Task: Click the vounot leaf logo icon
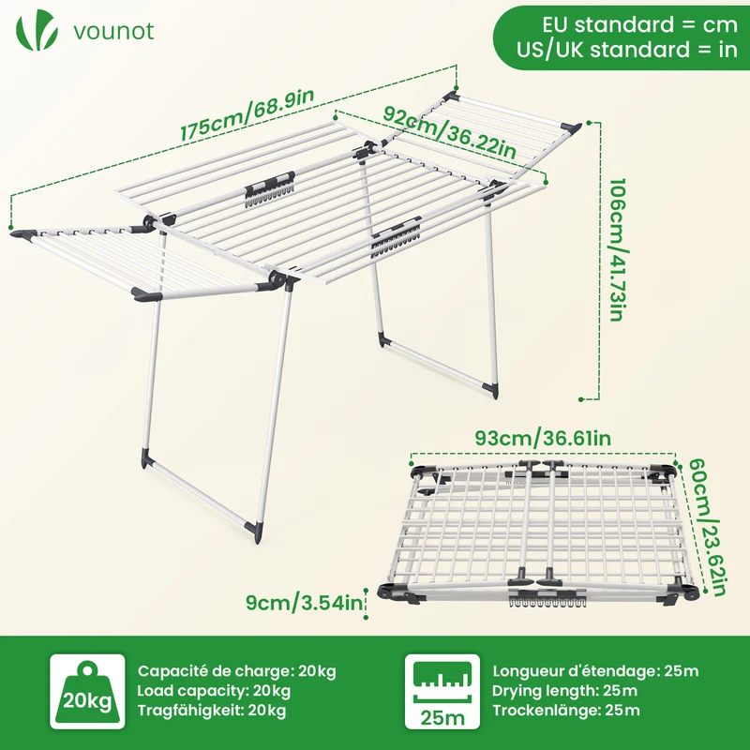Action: click(37, 30)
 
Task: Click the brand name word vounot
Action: click(113, 31)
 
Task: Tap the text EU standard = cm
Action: click(640, 24)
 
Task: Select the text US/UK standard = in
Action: click(627, 50)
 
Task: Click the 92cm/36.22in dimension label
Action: click(450, 132)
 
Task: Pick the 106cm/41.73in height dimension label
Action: click(617, 249)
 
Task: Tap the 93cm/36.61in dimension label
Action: click(543, 438)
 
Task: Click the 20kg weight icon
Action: click(87, 691)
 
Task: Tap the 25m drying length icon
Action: click(442, 691)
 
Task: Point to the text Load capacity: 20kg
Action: click(214, 691)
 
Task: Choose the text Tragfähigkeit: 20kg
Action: click(212, 711)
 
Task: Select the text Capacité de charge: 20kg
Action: click(237, 671)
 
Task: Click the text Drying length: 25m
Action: click(565, 691)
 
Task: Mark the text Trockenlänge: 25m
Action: click(566, 711)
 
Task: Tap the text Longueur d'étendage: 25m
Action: click(595, 671)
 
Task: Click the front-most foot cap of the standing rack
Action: click(253, 532)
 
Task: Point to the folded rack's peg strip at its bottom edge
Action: click(547, 602)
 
